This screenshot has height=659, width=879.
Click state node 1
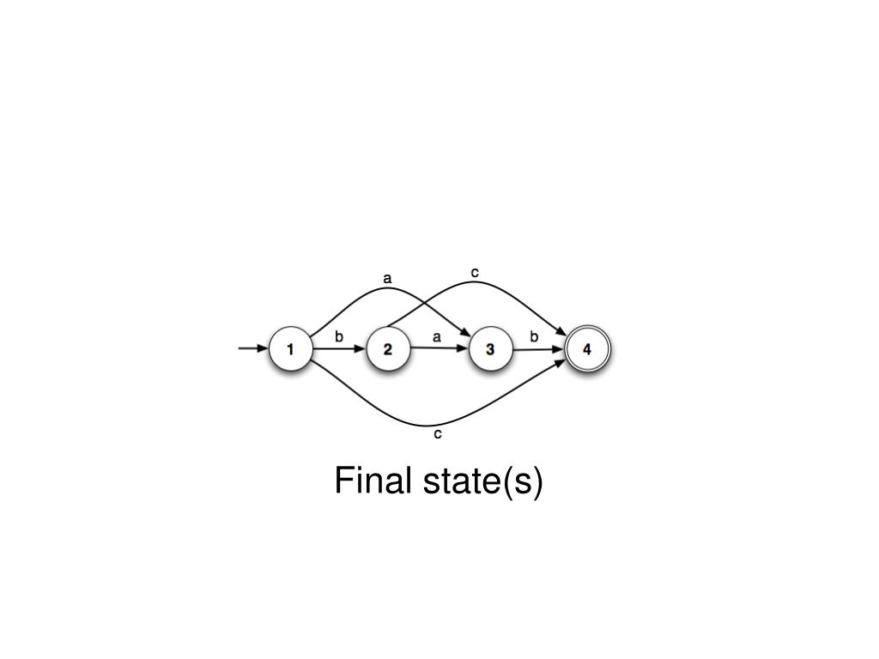[x=290, y=349]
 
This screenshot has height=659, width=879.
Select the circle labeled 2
[x=388, y=349]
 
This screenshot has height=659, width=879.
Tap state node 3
[x=490, y=349]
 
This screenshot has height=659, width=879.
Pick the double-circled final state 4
[x=587, y=349]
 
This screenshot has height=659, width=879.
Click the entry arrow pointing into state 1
[x=252, y=348]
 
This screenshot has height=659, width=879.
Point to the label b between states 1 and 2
[x=339, y=337]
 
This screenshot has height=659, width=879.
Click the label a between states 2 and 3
[x=437, y=337]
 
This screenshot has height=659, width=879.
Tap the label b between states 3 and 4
[x=534, y=337]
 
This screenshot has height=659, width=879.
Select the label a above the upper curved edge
[x=387, y=278]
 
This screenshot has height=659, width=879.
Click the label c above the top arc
[x=475, y=273]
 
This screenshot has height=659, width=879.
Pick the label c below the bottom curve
[x=438, y=434]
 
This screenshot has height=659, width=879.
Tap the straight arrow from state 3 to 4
[x=536, y=349]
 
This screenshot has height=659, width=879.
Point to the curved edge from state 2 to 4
[x=515, y=296]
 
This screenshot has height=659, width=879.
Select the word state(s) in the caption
[x=483, y=481]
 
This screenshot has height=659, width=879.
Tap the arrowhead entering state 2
[x=361, y=349]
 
